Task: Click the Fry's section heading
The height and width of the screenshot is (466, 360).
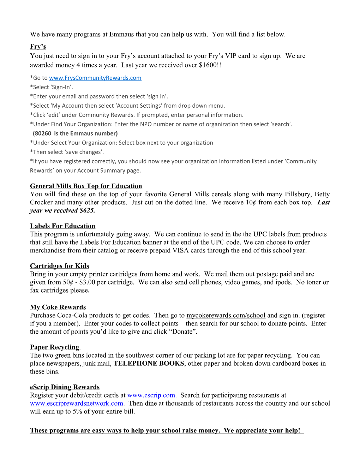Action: [38, 47]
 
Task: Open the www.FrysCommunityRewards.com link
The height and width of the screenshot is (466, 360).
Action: [95, 78]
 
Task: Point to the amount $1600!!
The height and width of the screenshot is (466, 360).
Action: [210, 65]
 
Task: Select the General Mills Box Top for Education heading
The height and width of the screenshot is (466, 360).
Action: [86, 186]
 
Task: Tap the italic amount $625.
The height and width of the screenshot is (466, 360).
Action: [87, 210]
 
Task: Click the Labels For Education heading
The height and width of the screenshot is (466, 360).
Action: [62, 226]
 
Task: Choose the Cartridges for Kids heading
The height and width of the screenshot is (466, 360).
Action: [59, 266]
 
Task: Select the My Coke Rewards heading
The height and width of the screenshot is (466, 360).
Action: [58, 307]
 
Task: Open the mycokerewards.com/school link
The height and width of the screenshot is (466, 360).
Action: [226, 315]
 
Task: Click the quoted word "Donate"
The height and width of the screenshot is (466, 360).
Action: [182, 331]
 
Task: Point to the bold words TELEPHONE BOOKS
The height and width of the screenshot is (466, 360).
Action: [149, 363]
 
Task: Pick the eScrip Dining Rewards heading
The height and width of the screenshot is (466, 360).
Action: [65, 387]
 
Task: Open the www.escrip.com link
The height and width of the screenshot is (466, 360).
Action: [151, 395]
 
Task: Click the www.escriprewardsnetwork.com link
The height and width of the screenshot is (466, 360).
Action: [77, 403]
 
